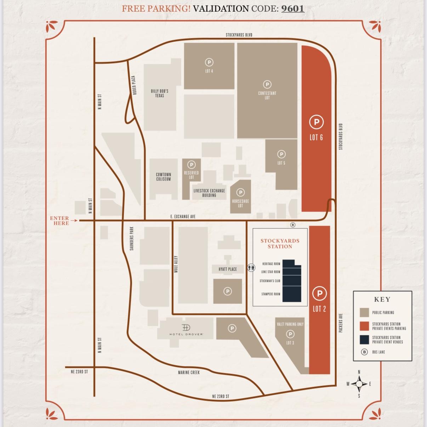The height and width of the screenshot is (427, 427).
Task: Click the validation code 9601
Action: coord(292,8)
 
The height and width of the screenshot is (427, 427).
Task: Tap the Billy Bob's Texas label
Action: coord(159,93)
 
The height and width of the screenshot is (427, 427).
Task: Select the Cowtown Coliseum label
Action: coord(163,177)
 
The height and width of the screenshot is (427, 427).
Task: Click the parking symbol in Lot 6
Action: coord(316,122)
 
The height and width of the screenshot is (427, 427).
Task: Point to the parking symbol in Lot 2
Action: coord(319,293)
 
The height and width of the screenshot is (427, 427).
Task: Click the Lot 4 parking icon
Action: coord(209,62)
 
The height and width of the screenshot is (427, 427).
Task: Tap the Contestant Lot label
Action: coord(267,95)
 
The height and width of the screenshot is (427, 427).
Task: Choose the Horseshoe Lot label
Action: coord(240,203)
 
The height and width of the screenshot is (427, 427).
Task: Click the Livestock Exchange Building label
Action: coord(209,193)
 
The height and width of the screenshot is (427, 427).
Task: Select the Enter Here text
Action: coord(59,221)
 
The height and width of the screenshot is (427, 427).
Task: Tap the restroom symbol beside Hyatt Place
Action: coord(251,268)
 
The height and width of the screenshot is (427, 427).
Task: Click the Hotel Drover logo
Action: coord(186,328)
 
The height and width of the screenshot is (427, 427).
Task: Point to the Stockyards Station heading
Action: coord(280,244)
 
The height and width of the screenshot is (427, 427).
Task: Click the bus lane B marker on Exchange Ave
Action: coord(292,225)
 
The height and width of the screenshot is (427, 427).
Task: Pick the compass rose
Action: coord(359,384)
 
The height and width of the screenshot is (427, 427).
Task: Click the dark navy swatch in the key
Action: coord(364,340)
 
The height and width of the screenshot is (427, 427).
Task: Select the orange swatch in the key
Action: coord(364,326)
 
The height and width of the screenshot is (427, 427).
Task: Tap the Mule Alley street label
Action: coord(176,264)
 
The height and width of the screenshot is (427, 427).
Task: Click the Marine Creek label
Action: coord(189,372)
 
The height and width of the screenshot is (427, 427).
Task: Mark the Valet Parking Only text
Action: coord(290,324)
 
